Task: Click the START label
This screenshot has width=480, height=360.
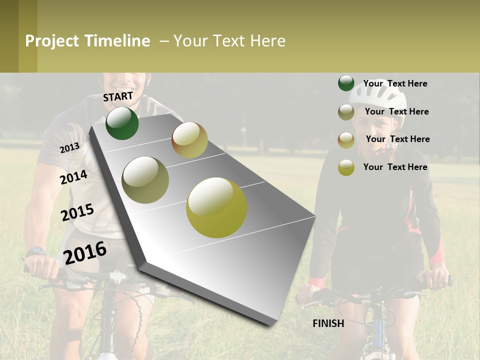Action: point(118,96)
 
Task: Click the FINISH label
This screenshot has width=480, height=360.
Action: point(328,323)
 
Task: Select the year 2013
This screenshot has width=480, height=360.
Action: point(69,148)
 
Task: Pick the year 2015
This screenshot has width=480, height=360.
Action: point(77,212)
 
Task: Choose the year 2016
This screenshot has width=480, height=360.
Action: point(85,252)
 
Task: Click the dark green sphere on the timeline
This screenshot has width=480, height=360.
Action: point(122,123)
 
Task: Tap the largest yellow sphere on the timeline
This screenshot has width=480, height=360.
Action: point(216,207)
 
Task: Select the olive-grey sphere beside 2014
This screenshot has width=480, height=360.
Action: point(145,180)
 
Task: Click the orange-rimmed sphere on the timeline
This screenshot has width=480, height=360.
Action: point(189,140)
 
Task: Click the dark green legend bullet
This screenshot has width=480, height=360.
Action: point(346,83)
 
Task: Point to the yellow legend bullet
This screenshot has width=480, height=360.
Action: point(346,167)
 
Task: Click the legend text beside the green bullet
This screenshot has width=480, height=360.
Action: point(395,83)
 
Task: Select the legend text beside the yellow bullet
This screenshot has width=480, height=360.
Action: point(395,167)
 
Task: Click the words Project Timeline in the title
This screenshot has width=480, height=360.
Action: point(87,41)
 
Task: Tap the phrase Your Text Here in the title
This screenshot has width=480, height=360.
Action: point(229,41)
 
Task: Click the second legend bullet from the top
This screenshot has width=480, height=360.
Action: point(346,112)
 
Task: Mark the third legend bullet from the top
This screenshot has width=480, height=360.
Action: point(346,140)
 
